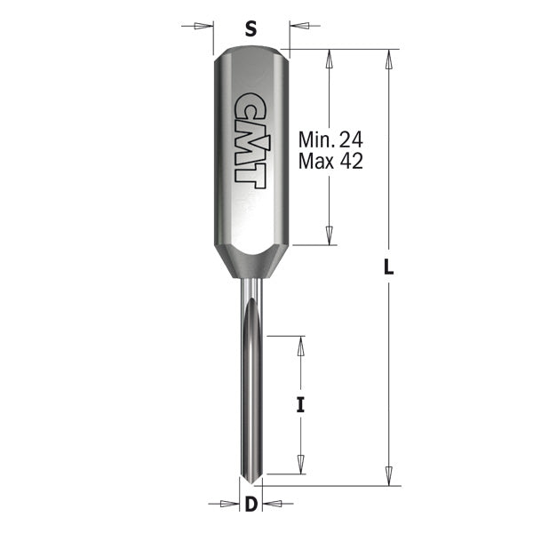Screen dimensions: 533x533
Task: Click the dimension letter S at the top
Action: tap(251, 28)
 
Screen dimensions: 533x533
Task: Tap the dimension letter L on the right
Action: tap(388, 265)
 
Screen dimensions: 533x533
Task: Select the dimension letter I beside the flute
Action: tap(300, 405)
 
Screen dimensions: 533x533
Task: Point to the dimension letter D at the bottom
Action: tap(251, 505)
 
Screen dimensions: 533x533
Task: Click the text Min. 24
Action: tap(330, 140)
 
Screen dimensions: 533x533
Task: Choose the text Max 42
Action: tap(330, 161)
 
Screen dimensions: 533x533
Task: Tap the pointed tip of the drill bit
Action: tap(251, 483)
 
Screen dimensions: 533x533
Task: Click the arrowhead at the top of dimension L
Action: tap(388, 59)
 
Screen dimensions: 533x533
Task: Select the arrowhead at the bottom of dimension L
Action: tap(388, 474)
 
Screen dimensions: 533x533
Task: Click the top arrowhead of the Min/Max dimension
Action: tap(330, 59)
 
